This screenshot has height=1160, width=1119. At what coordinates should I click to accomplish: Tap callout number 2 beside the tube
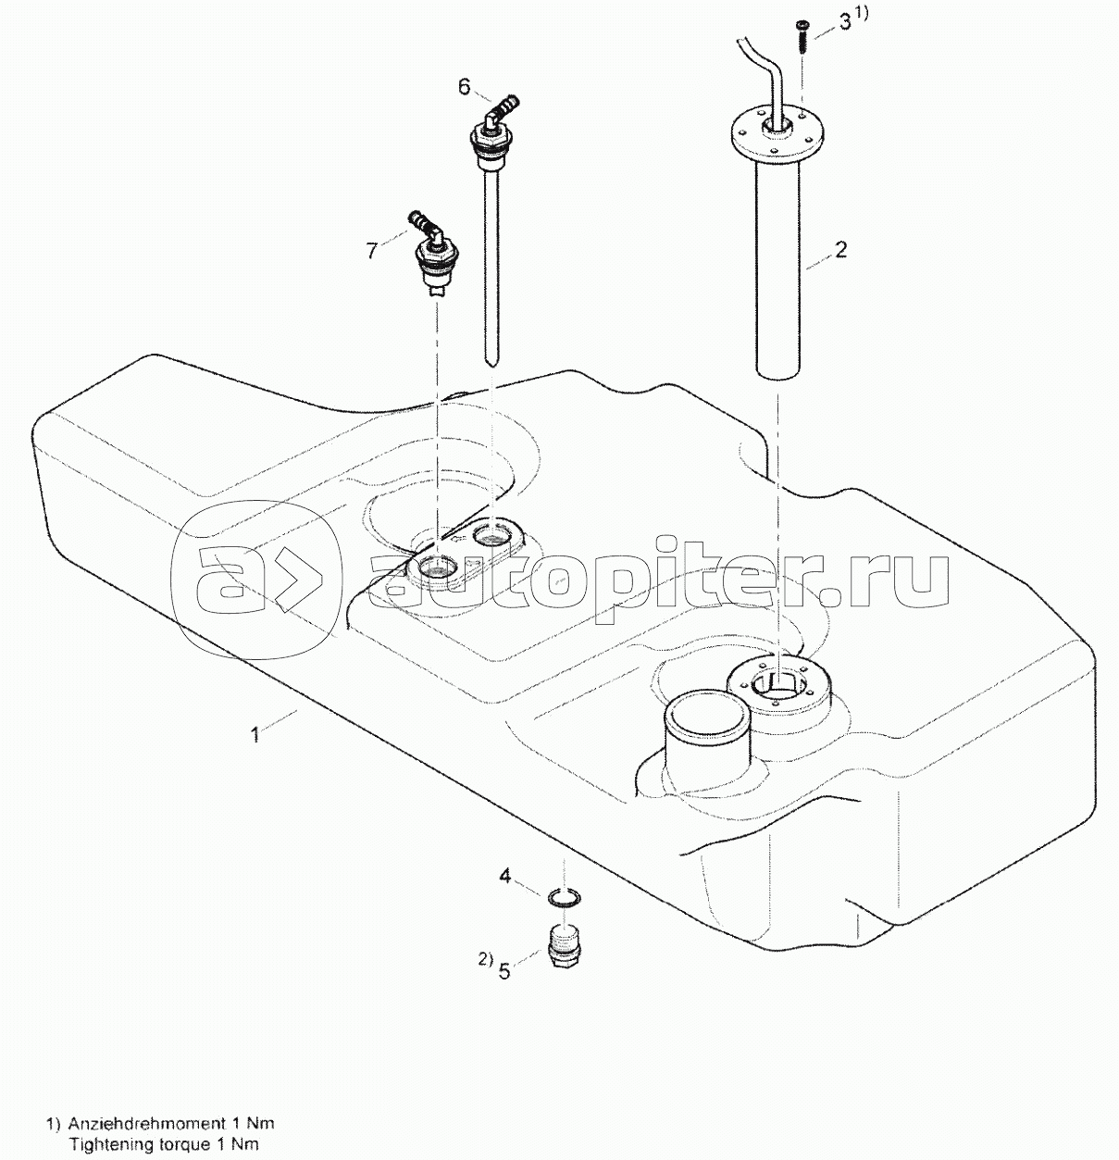(x=840, y=250)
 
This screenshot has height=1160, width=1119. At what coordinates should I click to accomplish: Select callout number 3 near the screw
(x=843, y=23)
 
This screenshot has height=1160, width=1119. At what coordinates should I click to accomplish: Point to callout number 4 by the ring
(x=505, y=875)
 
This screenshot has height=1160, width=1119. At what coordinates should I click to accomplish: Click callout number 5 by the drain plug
(x=504, y=971)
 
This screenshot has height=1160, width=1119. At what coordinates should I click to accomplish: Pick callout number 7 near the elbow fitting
(x=371, y=250)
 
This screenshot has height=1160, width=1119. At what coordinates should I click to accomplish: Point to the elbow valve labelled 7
(x=432, y=255)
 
